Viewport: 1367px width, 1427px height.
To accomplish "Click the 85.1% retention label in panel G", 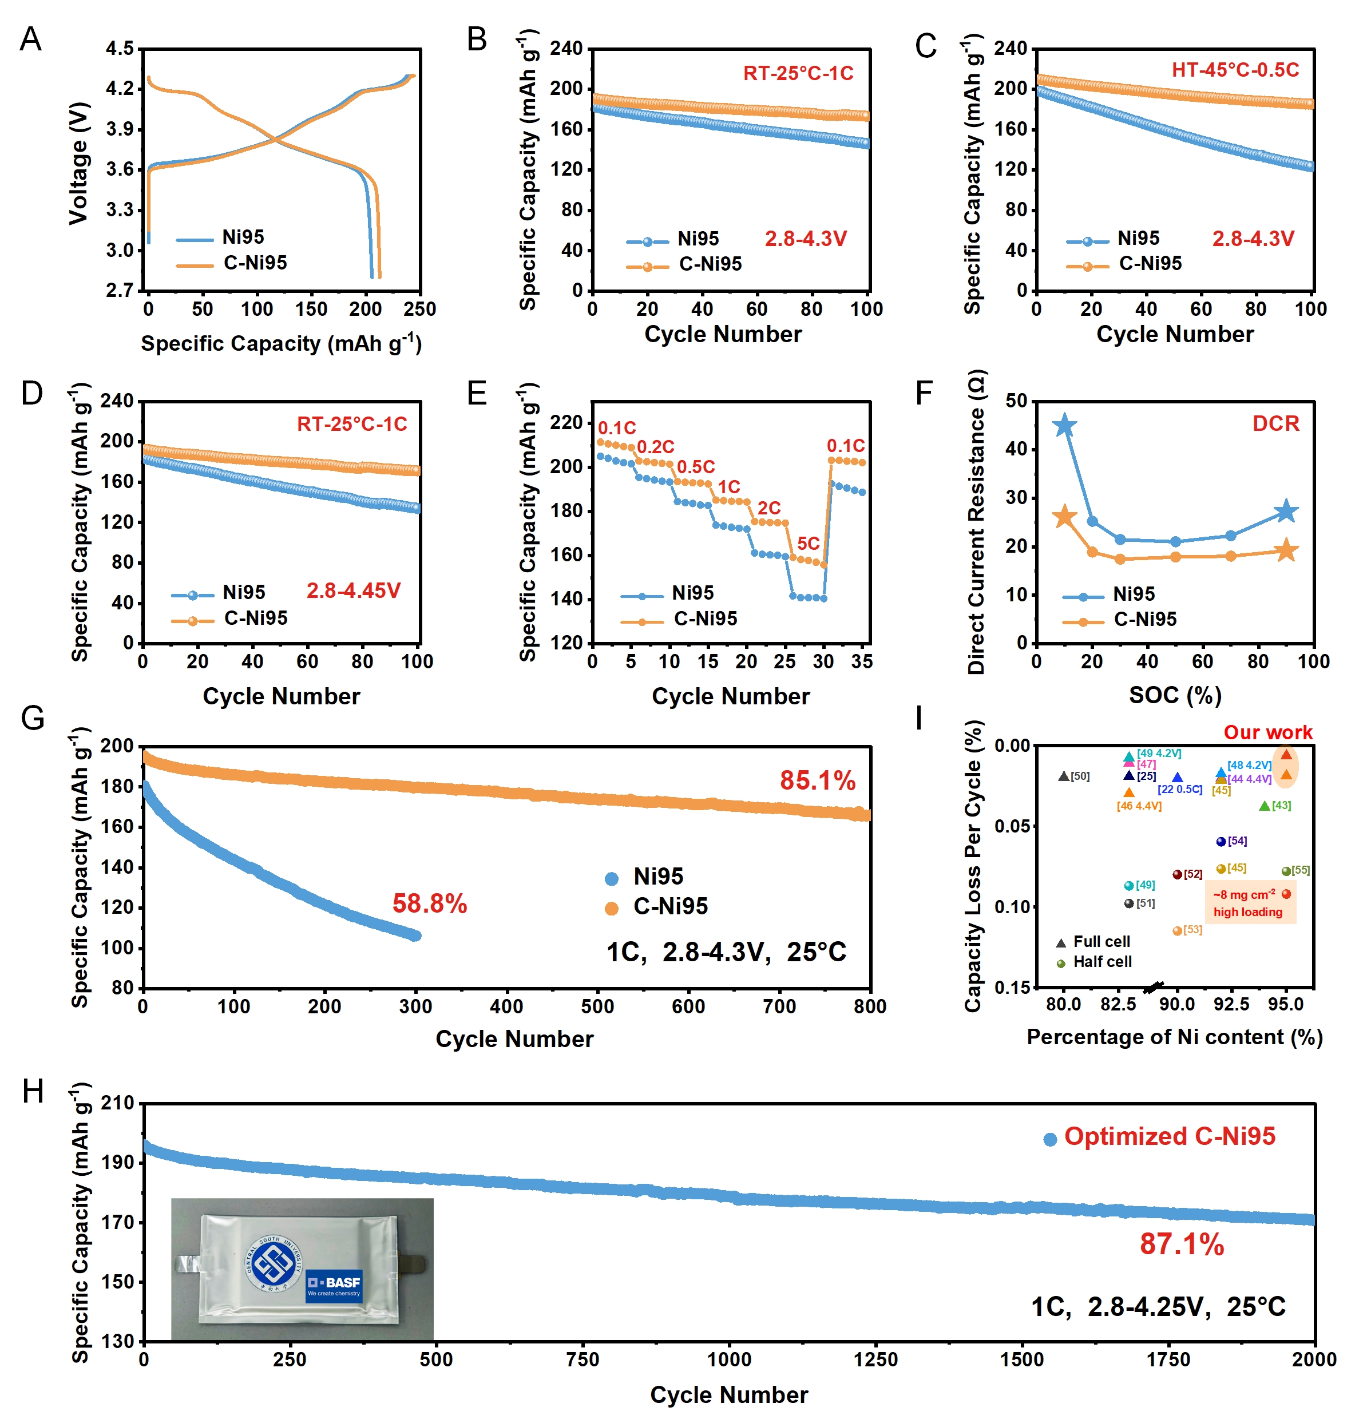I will (817, 780).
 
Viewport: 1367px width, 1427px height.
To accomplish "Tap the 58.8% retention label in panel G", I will (429, 903).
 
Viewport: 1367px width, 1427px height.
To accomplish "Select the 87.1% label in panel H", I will (1181, 1244).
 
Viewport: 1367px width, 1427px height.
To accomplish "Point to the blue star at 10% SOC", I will (1065, 426).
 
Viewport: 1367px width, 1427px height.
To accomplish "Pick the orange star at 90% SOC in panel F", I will (1286, 550).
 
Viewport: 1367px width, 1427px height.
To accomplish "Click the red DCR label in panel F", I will (1275, 424).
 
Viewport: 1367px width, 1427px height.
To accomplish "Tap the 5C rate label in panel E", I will (808, 543).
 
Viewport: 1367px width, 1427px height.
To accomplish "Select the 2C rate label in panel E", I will (768, 508).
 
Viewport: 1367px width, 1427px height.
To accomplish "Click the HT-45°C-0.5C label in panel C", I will (1235, 70).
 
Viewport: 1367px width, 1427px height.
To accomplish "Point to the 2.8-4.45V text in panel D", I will (353, 590).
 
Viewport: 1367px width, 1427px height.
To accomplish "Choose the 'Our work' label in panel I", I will (1267, 732).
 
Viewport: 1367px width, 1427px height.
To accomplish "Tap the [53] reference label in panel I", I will (1192, 930).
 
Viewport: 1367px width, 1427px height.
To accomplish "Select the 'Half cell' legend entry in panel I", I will (1102, 962).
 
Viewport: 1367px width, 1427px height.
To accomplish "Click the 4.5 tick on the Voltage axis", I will (120, 49).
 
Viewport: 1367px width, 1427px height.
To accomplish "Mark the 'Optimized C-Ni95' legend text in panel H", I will (1169, 1136).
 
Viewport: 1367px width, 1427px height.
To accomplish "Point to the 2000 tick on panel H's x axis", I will (1314, 1359).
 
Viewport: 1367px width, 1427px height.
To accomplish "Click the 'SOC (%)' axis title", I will (1175, 695).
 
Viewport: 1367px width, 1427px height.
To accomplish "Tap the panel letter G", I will (33, 718).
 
